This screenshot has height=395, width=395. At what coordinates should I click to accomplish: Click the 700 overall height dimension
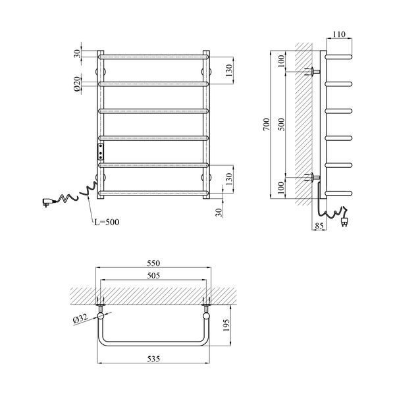(266, 124)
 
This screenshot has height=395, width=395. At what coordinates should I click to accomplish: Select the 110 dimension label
(339, 34)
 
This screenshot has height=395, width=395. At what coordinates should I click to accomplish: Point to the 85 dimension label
(319, 226)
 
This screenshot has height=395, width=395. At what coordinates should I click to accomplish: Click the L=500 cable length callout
(107, 222)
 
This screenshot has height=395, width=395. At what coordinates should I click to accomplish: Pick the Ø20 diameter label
(78, 84)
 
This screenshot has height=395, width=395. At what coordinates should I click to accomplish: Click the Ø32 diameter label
(80, 319)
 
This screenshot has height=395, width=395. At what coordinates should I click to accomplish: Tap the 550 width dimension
(153, 263)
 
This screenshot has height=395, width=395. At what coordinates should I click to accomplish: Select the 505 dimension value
(153, 276)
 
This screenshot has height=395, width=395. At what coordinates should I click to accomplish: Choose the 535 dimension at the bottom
(153, 359)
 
